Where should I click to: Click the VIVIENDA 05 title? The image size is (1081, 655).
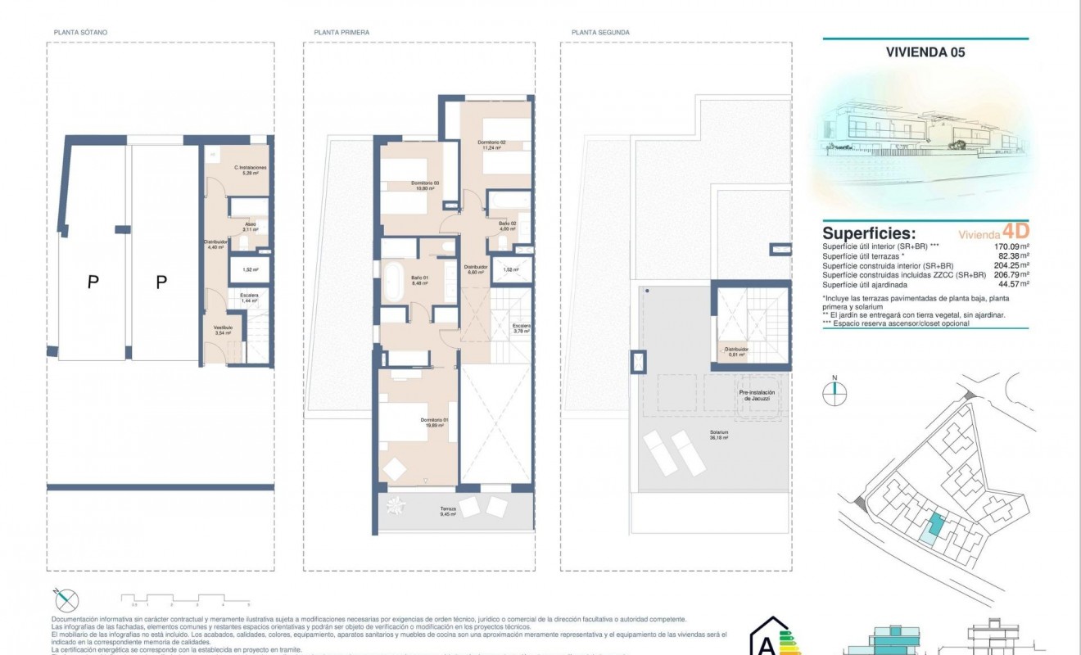925,52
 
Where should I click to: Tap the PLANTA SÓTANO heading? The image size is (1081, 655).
80,33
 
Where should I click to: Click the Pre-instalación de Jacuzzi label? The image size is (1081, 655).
757,395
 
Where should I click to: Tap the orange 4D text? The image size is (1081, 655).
1015,232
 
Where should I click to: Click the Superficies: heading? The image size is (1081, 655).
868,233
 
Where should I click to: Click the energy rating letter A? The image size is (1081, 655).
766,645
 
